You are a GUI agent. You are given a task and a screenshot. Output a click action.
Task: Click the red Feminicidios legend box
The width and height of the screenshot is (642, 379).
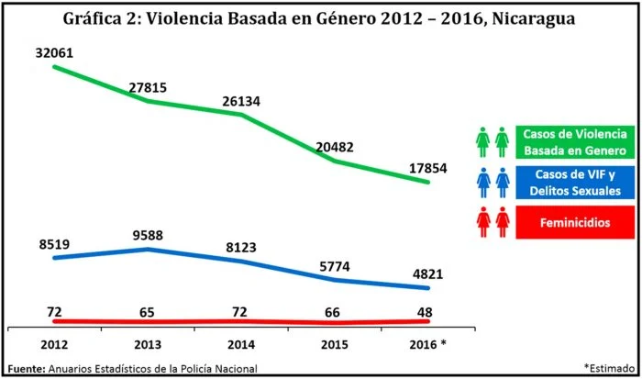pyautogui.click(x=575, y=223)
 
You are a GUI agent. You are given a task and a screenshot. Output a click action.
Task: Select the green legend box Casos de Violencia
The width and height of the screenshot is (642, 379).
pyautogui.click(x=575, y=141)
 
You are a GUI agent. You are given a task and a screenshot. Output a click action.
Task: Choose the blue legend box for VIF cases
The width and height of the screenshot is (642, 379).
pyautogui.click(x=575, y=182)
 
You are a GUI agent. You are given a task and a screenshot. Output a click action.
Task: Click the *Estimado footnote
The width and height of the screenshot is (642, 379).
pyautogui.click(x=607, y=366)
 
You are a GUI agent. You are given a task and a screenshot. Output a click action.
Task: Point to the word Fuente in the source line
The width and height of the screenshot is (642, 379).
pyautogui.click(x=26, y=368)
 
